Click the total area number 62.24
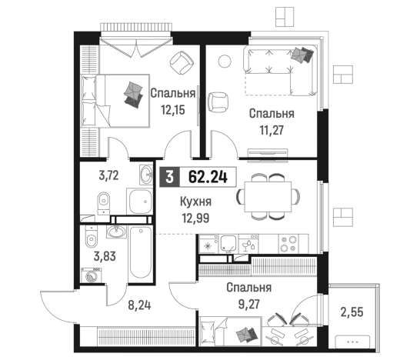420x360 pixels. point(208,177)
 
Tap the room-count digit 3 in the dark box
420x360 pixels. point(169,177)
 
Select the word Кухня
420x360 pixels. point(195,202)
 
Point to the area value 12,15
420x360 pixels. point(173,109)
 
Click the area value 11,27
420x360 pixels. point(272,130)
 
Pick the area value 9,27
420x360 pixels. point(248,304)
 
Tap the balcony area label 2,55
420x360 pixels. point(352,312)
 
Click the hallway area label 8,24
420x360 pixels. point(139,305)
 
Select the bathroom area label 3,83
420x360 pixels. point(105,256)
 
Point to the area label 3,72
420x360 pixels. point(108,175)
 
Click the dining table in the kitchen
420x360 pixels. point(268,197)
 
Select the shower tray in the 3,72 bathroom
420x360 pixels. point(139,202)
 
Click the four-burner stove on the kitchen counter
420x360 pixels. point(288,244)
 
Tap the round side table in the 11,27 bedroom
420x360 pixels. point(225,62)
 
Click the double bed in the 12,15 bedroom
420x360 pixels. point(115,101)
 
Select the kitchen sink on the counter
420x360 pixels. point(228,244)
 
